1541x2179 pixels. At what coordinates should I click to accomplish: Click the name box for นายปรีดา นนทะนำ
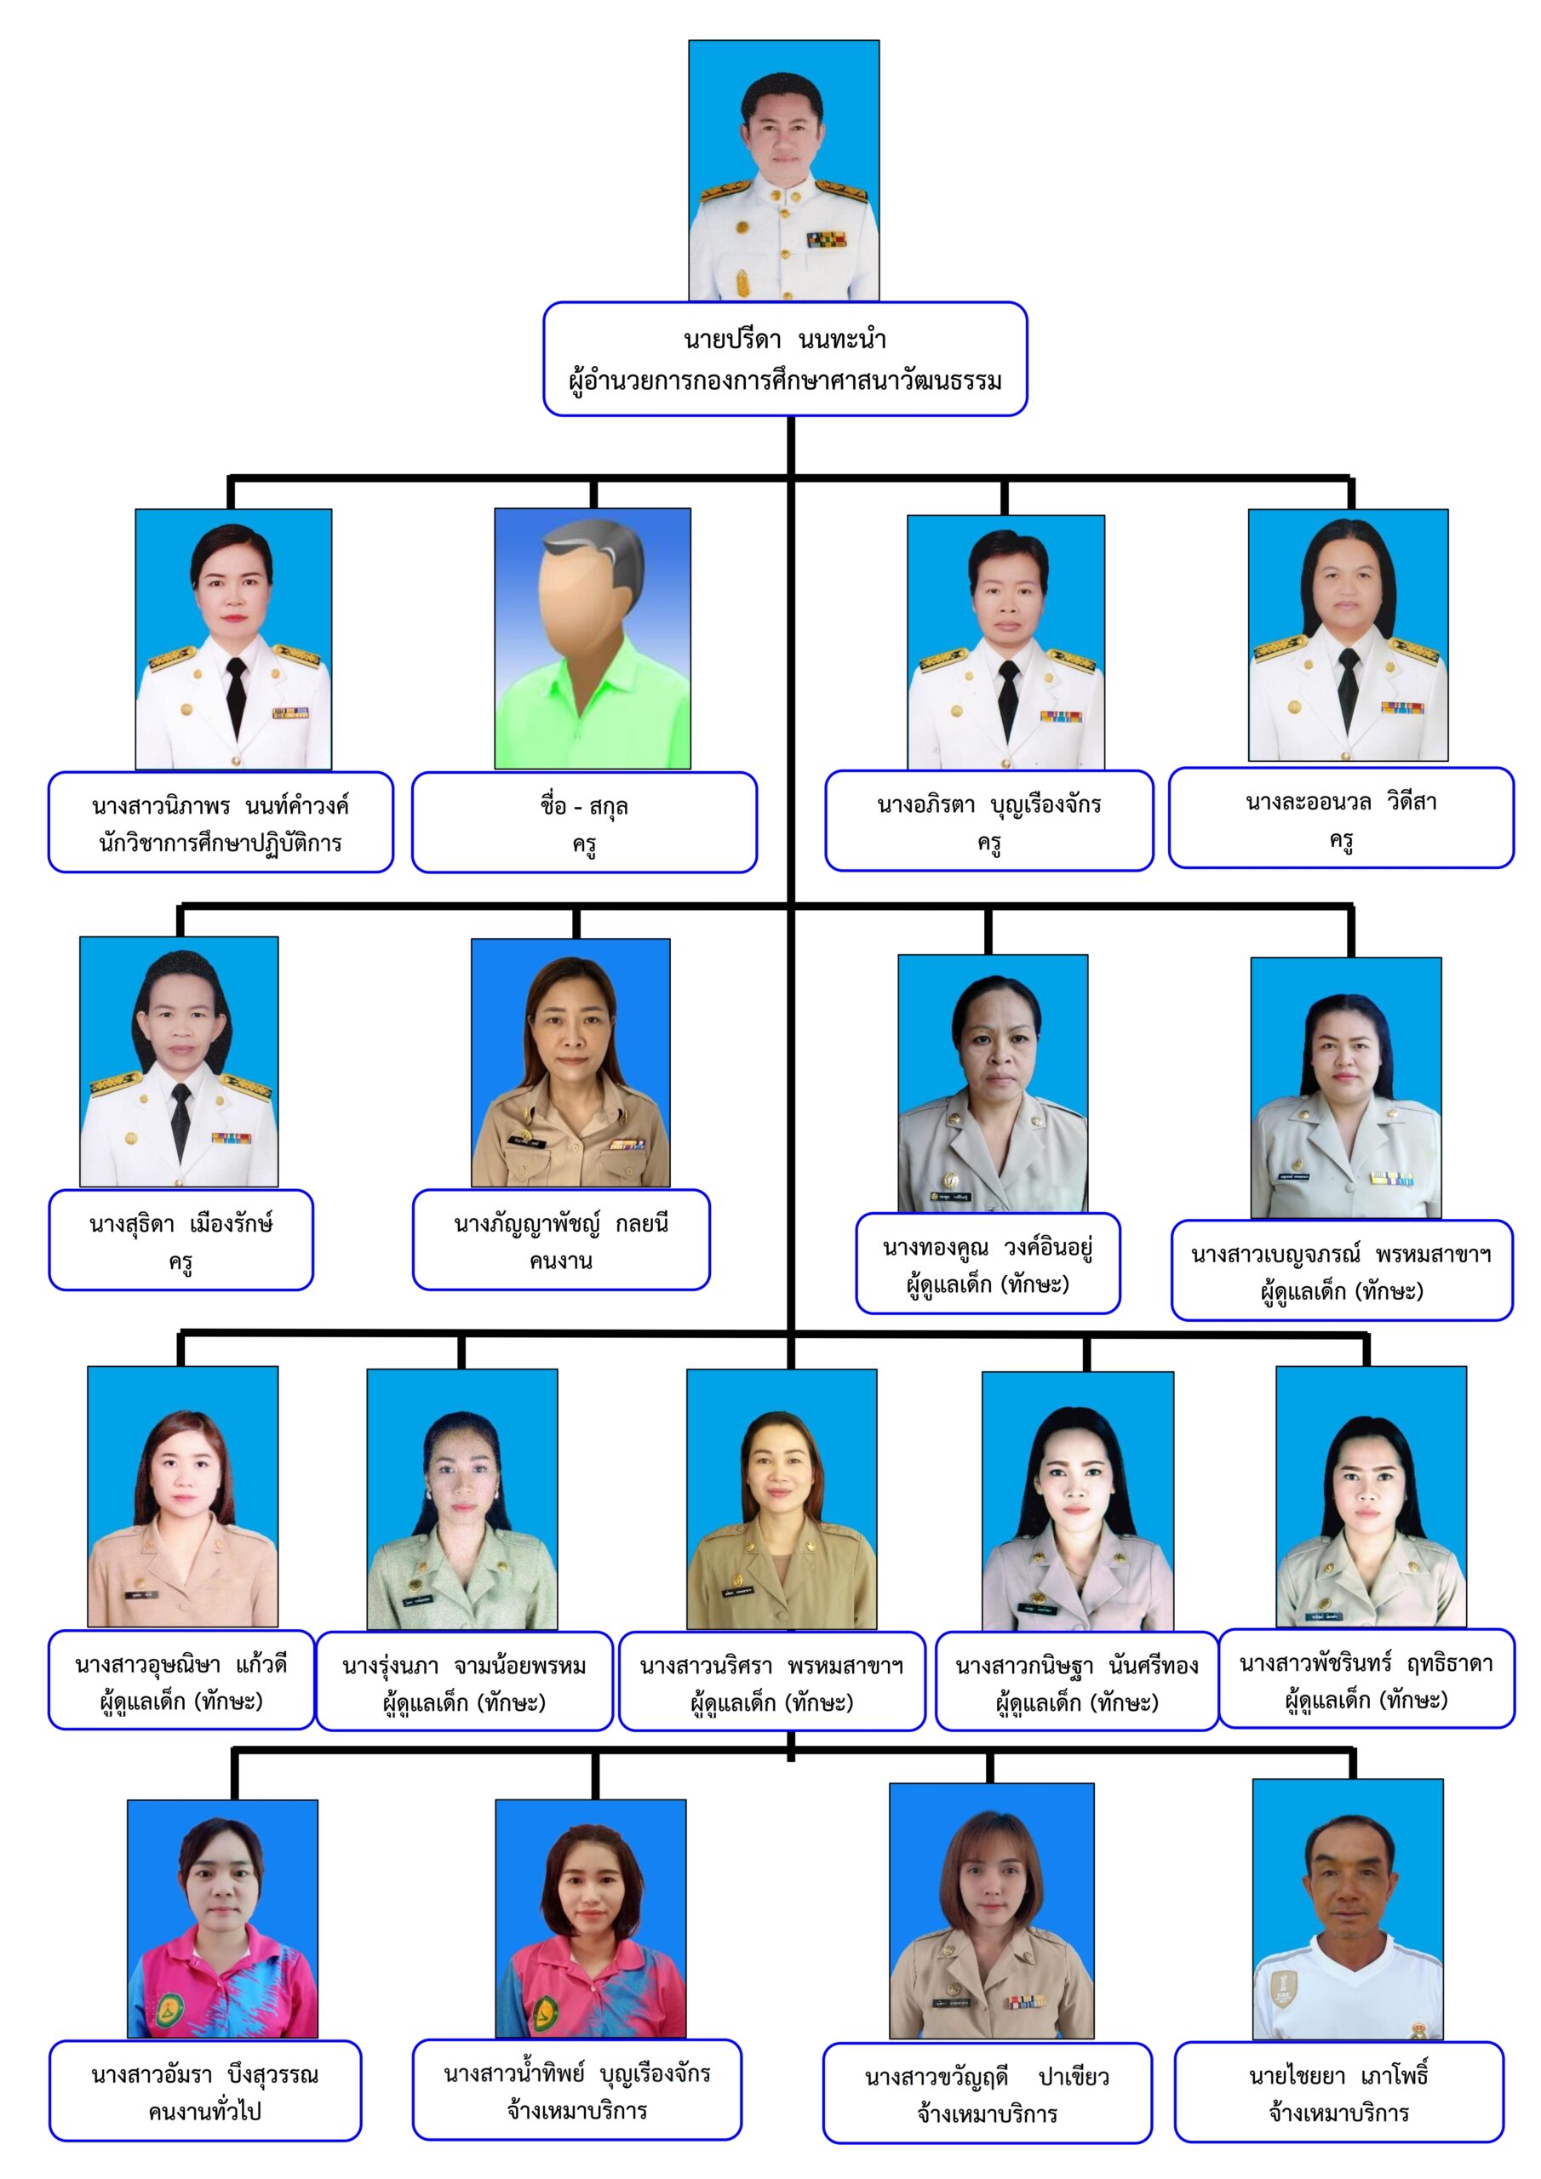pos(784,358)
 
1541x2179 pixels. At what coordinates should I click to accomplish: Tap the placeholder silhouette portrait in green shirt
pos(593,638)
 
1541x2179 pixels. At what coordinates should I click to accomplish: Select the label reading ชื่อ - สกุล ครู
pos(584,823)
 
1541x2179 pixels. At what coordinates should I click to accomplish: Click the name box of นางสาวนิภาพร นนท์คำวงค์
pos(221,823)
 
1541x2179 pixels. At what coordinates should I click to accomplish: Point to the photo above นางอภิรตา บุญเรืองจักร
pos(1005,643)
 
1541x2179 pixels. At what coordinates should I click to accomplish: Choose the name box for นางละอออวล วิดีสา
pos(1341,818)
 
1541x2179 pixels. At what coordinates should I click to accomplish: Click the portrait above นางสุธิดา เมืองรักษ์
pos(179,1062)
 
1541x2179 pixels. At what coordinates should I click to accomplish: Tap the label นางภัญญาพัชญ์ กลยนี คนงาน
pos(561,1240)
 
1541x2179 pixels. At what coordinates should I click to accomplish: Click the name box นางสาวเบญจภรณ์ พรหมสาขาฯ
pos(1342,1271)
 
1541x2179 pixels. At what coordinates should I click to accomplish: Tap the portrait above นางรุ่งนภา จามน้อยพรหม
pos(462,1500)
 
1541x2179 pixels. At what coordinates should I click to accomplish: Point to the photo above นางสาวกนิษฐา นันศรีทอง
pos(1078,1501)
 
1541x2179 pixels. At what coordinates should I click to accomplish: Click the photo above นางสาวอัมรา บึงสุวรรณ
pos(222,1919)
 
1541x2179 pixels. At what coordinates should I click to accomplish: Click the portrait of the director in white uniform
pos(784,171)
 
